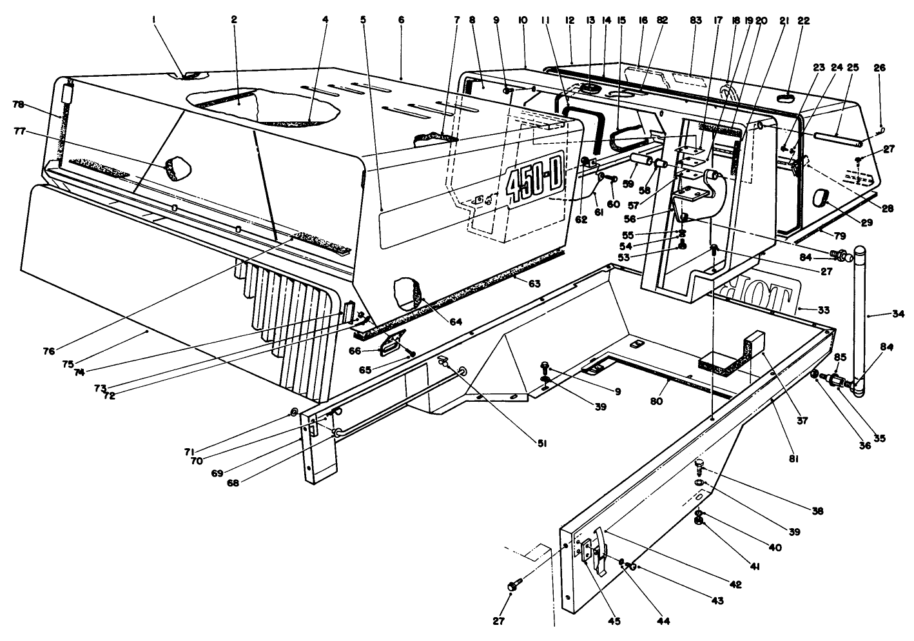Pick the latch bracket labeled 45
(588, 549)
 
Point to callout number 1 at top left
(155, 20)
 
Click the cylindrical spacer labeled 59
(638, 159)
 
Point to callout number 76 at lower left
(48, 351)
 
